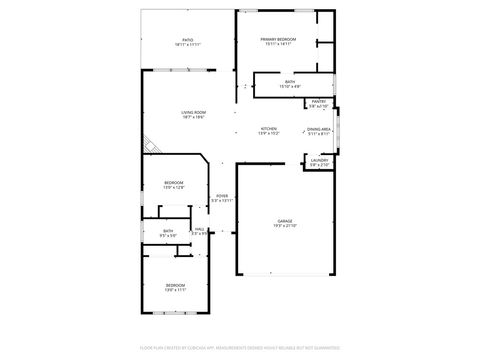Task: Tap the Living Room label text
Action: click(x=193, y=112)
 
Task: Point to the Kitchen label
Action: click(x=269, y=128)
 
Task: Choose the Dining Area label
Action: click(x=319, y=129)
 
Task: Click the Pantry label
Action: click(x=319, y=101)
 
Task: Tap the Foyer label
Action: click(x=221, y=196)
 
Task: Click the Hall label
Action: click(x=200, y=229)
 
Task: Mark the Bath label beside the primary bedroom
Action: click(x=289, y=82)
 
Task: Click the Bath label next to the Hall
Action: click(x=168, y=231)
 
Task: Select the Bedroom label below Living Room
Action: click(x=174, y=183)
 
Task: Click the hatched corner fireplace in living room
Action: click(x=148, y=146)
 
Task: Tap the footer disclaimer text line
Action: click(x=240, y=349)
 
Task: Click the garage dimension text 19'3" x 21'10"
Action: click(x=284, y=226)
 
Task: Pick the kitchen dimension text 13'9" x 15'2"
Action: click(x=269, y=133)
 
